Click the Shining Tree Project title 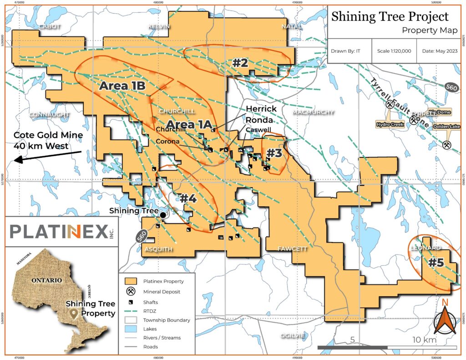390,17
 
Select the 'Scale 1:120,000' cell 394,51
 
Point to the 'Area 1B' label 122,86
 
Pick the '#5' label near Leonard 436,263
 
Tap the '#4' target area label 187,198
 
